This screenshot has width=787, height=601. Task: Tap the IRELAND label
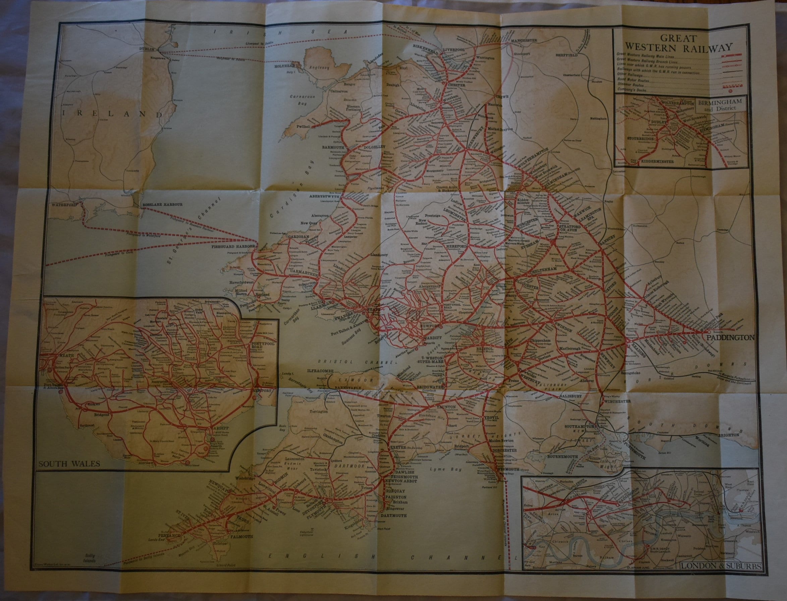coord(112,113)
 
